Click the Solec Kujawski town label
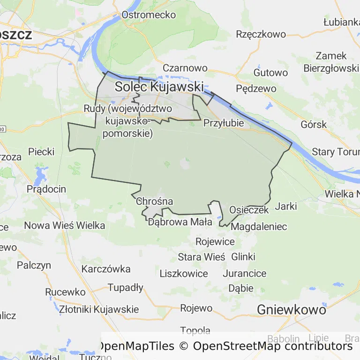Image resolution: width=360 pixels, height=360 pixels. pos(159,87)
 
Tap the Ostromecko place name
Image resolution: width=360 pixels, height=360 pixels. pos(149,15)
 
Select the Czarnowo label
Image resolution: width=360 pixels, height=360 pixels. pos(185,68)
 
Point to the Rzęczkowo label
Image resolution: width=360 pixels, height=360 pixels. pos(261,34)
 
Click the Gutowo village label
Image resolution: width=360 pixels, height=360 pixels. pos(270,73)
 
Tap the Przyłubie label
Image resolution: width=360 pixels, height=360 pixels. pos(224,123)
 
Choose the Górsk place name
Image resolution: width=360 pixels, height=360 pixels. pos(314,125)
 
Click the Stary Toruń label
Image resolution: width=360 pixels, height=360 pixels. pos(336,152)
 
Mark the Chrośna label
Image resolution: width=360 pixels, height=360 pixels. pos(154,202)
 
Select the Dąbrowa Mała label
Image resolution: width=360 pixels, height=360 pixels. pos(180,222)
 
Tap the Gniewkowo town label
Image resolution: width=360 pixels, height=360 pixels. pos(291,309)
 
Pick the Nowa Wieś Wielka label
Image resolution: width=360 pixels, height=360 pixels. pos(64,225)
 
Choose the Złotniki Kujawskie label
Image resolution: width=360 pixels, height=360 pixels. pos(99,309)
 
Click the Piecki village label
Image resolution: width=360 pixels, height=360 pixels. pos(41,152)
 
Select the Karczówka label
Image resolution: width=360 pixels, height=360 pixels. pos(106,269)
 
